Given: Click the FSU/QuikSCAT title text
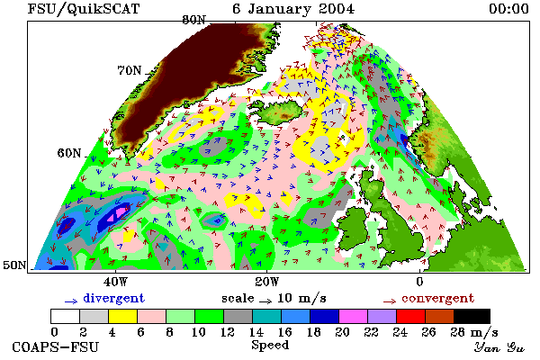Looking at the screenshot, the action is [x=84, y=9].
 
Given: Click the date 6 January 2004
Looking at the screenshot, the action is [x=293, y=9].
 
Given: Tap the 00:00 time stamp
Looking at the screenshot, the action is [x=508, y=9].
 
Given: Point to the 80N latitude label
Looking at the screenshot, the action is [x=193, y=20].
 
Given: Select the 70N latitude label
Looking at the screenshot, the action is [x=129, y=70].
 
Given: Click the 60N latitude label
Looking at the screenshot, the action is [x=69, y=153].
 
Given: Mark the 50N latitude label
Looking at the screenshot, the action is [x=14, y=265].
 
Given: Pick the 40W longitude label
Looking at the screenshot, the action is [x=115, y=282].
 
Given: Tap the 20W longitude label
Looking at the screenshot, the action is [x=267, y=282].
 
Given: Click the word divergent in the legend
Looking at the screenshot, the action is [x=113, y=298].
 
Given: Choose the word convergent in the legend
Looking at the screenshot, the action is [x=437, y=298].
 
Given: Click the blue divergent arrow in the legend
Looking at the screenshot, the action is [x=71, y=301].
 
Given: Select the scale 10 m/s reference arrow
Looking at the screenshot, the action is [x=265, y=301].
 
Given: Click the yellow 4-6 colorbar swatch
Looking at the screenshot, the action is [x=123, y=316].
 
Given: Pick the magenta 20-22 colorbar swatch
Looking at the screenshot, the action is [x=354, y=316].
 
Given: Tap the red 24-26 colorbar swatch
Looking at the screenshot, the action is [x=411, y=316].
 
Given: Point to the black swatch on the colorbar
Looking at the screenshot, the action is [x=472, y=316].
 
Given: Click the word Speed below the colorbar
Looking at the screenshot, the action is [x=270, y=345].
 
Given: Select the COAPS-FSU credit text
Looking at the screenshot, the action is [x=56, y=346].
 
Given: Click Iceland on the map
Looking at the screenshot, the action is [x=281, y=112].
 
